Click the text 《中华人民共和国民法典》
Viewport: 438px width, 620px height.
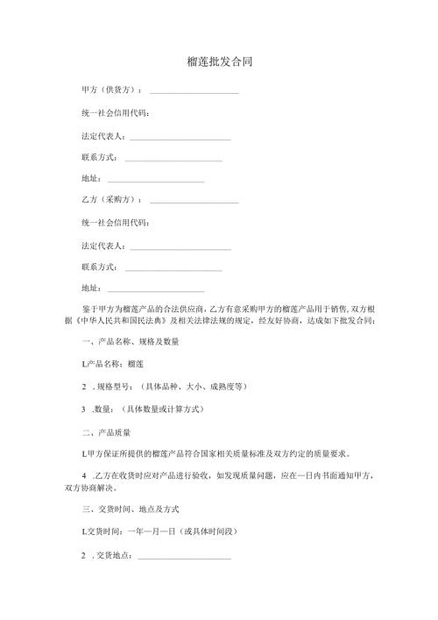click(124, 321)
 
